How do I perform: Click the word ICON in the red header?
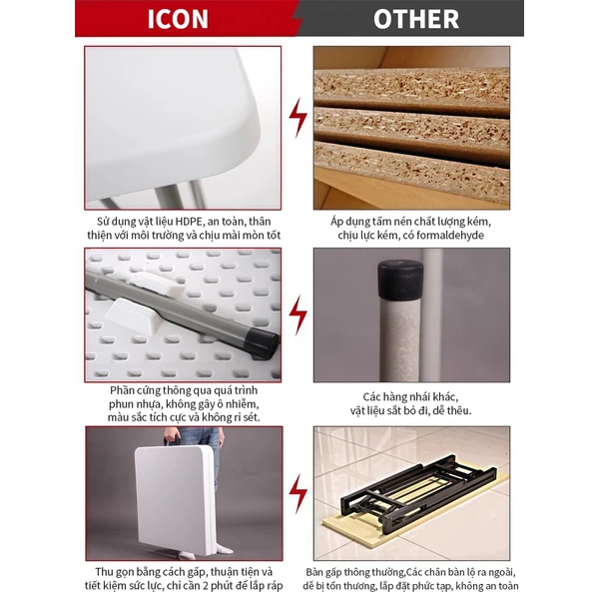click(178, 19)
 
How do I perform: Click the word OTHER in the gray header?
click(416, 19)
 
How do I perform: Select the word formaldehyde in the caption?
click(450, 235)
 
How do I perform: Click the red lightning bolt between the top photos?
click(298, 118)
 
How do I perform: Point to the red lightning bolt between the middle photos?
click(298, 314)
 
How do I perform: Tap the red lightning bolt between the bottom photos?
click(298, 494)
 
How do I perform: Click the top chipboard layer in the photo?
click(411, 89)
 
